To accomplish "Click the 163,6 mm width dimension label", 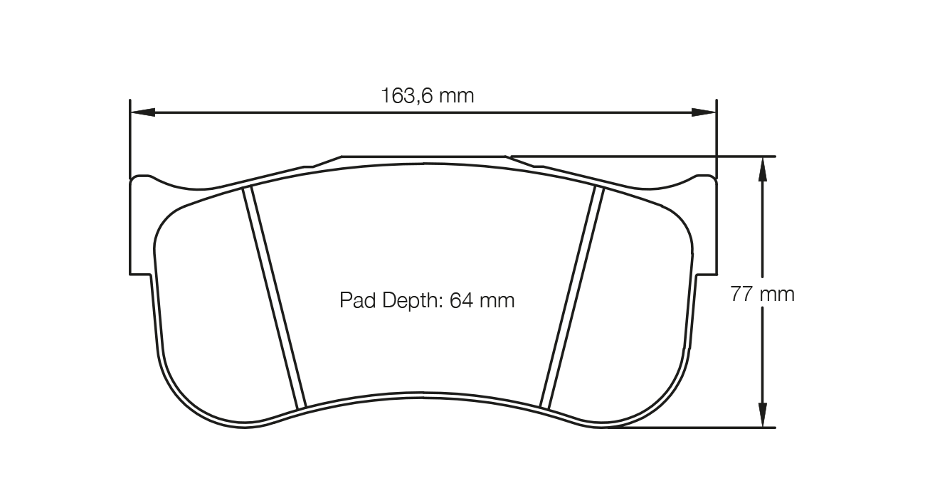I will (427, 95).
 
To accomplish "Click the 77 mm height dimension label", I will (762, 294).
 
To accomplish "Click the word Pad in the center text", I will (355, 301).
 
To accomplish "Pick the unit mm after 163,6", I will (456, 95).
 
